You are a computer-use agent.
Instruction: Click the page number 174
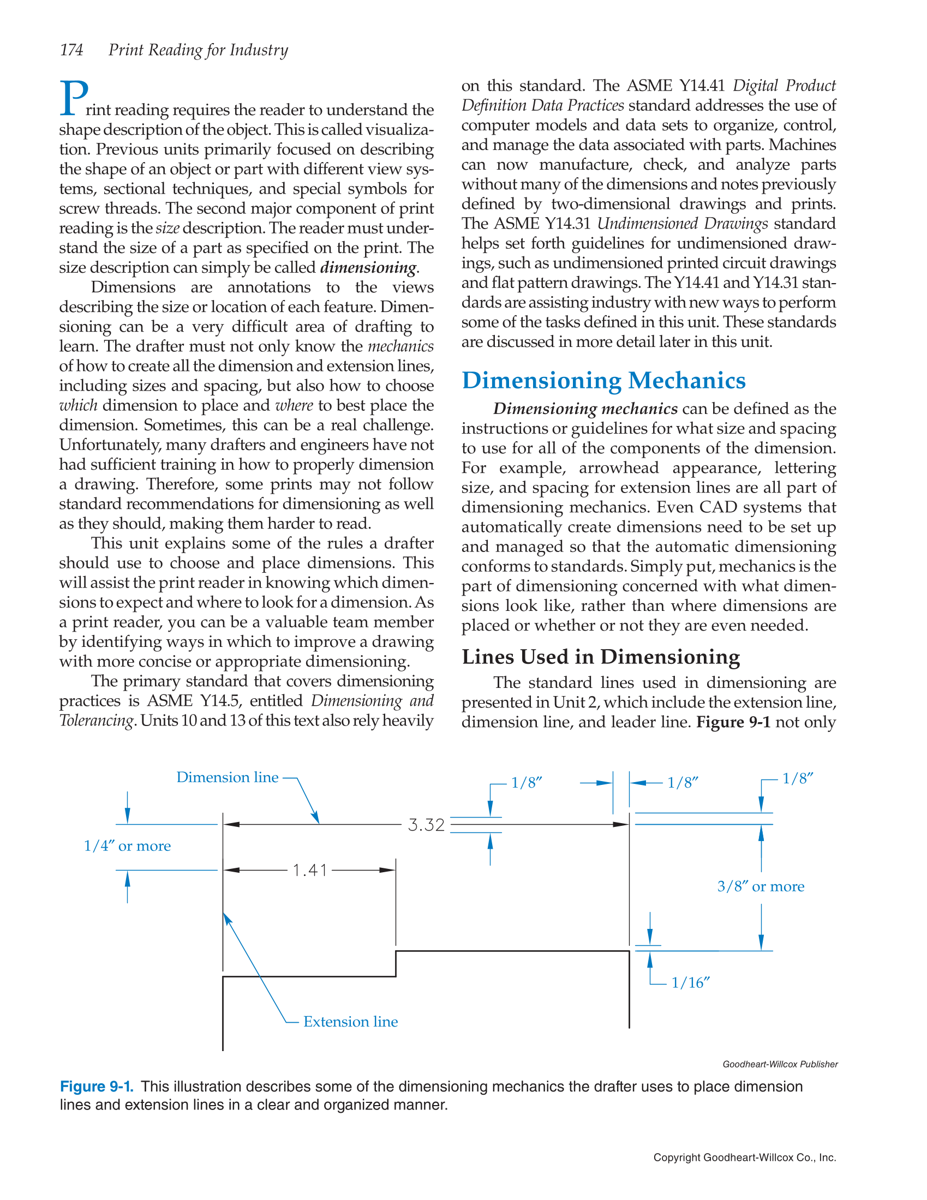coord(71,50)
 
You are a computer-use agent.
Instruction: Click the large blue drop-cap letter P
coord(74,98)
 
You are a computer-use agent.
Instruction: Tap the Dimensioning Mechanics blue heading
coord(603,380)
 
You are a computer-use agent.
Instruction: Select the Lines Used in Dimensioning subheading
coord(601,657)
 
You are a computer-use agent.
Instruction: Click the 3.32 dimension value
coord(426,825)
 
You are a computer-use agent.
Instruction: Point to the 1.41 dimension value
coord(310,871)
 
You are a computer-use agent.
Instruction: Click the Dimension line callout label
coord(227,777)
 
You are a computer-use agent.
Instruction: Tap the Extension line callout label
coord(350,1022)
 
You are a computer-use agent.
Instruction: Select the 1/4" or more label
coord(127,845)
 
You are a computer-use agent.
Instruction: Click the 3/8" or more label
coord(761,886)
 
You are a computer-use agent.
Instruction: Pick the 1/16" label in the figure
coord(690,983)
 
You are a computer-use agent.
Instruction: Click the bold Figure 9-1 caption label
coord(97,1086)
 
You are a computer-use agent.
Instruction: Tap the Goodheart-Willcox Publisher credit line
coord(780,1064)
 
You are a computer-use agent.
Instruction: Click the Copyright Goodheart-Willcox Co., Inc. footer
coord(745,1157)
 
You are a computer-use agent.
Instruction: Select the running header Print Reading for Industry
coord(198,50)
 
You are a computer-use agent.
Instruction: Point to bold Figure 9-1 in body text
coord(733,722)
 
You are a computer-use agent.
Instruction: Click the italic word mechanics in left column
coord(400,346)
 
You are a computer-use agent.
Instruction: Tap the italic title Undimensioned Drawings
coord(682,224)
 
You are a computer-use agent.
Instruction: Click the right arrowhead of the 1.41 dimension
coord(388,871)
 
